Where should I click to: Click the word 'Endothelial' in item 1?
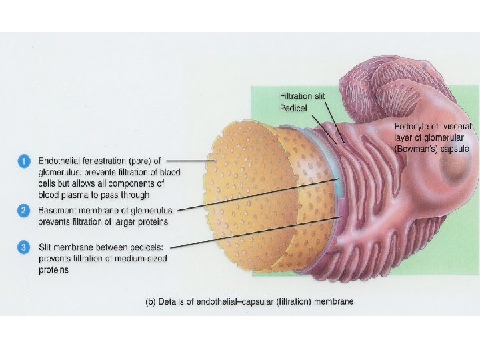coord(59,161)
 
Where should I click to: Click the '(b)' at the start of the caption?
coord(151,302)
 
